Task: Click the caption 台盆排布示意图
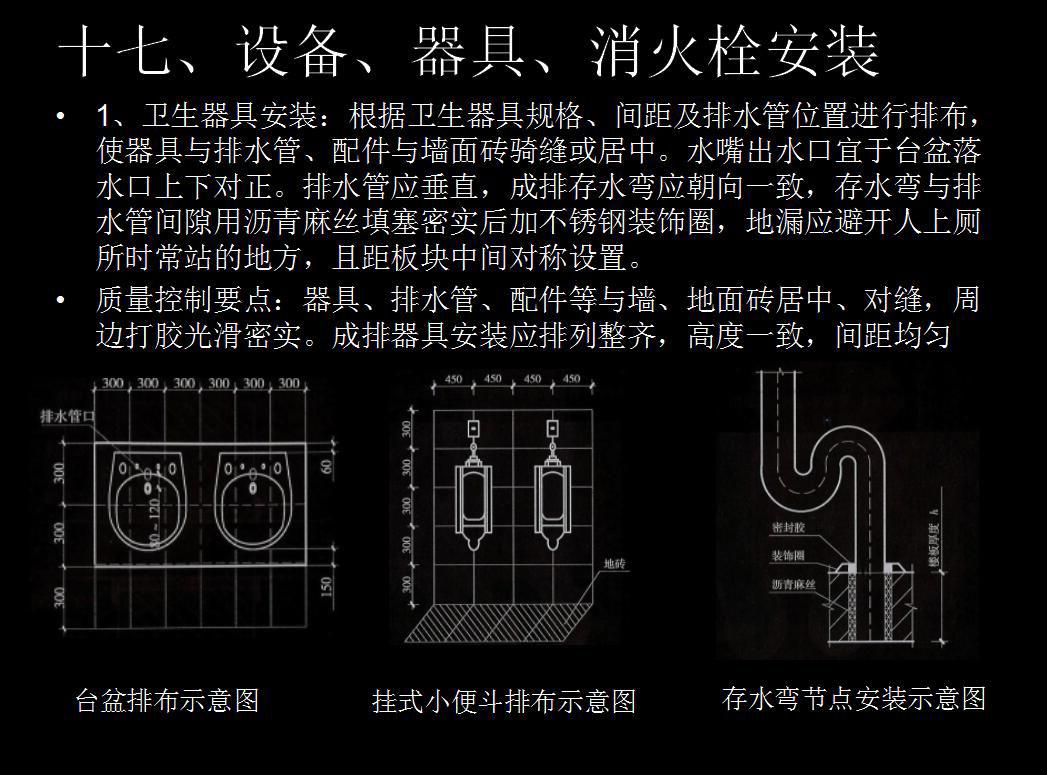click(x=167, y=699)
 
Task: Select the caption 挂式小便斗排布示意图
click(x=503, y=701)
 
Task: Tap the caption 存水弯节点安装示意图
click(x=853, y=697)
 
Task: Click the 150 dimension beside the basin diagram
click(x=326, y=586)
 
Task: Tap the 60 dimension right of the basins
click(x=326, y=466)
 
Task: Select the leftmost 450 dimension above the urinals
click(x=453, y=380)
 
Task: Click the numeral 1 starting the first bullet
click(x=102, y=117)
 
